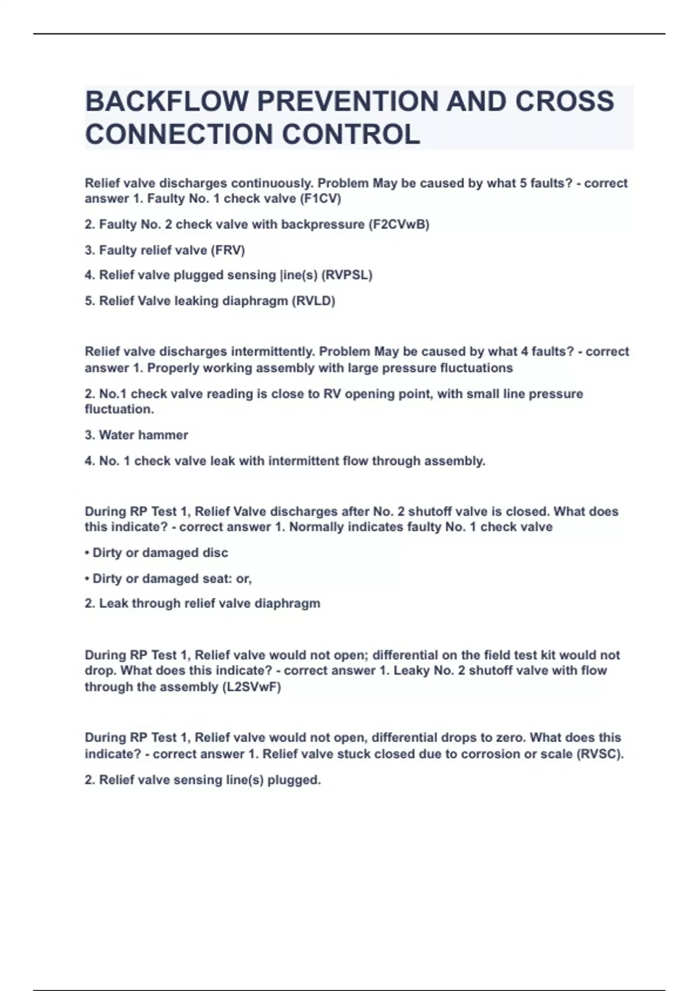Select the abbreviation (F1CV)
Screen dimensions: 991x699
320,199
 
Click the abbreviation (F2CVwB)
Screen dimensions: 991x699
399,224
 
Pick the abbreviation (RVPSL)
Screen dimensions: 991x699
347,275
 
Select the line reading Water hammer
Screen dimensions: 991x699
136,435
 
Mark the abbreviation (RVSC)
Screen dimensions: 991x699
600,754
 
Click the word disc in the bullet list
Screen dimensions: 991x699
216,553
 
